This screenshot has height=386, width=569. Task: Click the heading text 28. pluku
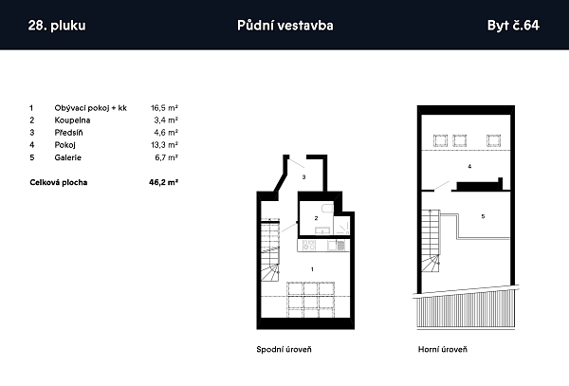click(x=57, y=26)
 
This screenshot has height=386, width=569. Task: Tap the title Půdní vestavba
click(x=285, y=26)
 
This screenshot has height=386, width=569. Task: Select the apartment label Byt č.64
click(x=513, y=26)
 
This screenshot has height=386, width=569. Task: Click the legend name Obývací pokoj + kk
click(x=91, y=108)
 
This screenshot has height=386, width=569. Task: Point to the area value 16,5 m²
click(x=164, y=108)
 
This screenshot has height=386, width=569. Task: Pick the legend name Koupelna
click(x=72, y=120)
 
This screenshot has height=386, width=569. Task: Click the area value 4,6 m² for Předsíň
click(x=166, y=133)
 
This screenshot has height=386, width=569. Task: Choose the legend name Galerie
click(x=68, y=157)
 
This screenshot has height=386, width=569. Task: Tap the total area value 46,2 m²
click(x=164, y=182)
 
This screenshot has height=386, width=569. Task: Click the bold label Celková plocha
click(x=59, y=182)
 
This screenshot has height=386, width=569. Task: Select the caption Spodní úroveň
click(x=284, y=349)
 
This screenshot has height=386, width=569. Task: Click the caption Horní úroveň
click(x=443, y=349)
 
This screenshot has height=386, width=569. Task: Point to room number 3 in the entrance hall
click(x=303, y=177)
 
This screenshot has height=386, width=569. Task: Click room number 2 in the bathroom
click(x=316, y=218)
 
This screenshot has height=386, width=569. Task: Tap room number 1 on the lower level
click(x=312, y=269)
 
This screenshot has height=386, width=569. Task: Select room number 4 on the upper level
click(x=469, y=167)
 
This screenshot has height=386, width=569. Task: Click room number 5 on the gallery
click(x=483, y=216)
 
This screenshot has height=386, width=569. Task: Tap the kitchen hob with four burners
click(x=309, y=246)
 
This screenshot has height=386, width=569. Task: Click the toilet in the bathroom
click(x=327, y=209)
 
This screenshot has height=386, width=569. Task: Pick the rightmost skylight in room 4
click(x=493, y=140)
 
